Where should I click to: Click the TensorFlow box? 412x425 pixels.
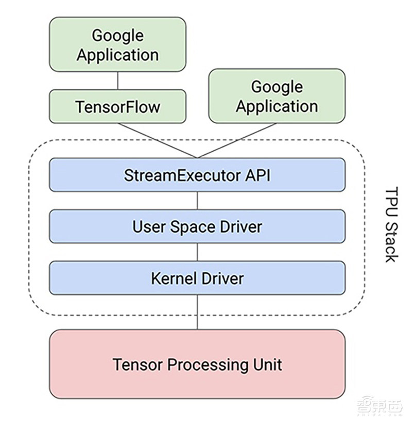pos(117,106)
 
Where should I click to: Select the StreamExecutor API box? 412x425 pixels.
pos(197,175)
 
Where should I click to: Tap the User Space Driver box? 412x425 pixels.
pos(197,226)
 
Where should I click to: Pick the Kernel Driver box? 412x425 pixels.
pos(197,278)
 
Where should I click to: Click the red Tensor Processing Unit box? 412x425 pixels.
pos(197,364)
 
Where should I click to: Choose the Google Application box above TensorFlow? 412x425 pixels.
pos(117,45)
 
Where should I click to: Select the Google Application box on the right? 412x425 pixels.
pos(277,96)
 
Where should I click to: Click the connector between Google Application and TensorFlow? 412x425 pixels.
pos(118,80)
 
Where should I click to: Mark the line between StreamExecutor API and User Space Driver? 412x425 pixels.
pos(197,201)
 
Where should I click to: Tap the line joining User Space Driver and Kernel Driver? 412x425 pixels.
pos(197,252)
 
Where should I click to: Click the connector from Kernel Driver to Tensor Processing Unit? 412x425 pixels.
pos(197,313)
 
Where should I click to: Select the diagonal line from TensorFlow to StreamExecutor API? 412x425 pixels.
pos(160,140)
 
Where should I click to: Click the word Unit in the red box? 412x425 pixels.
pos(265,364)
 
